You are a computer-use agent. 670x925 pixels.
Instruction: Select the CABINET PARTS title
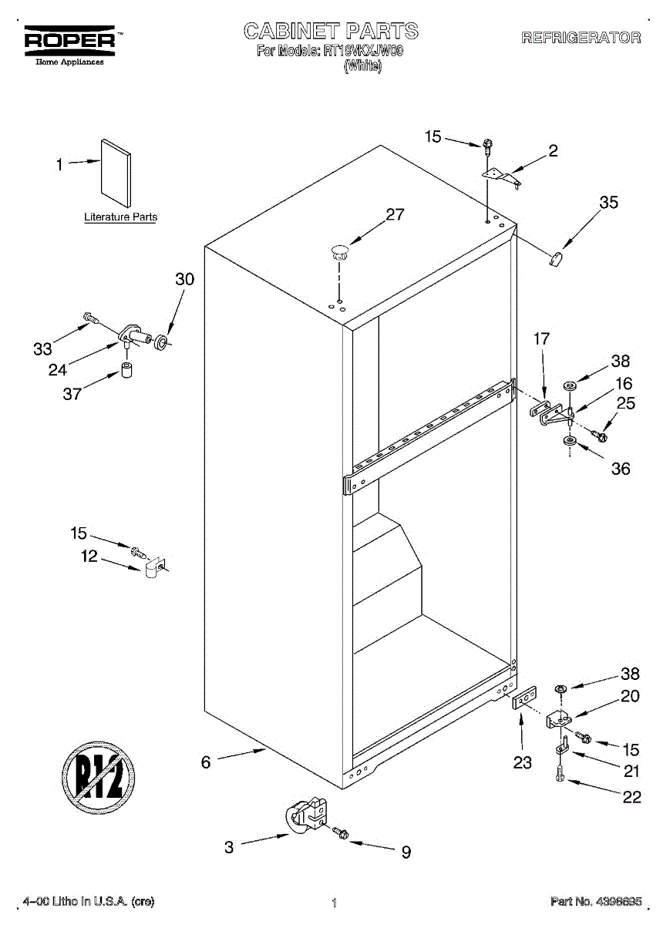pos(331,31)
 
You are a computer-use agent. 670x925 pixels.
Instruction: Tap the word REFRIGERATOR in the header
pos(581,38)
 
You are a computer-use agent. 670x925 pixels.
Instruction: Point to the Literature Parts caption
pos(120,217)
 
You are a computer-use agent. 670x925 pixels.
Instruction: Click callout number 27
pos(395,215)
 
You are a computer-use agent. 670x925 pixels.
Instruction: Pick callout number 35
pos(608,203)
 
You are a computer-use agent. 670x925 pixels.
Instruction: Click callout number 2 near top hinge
pos(553,151)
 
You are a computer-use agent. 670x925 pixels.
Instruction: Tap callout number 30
pos(184,280)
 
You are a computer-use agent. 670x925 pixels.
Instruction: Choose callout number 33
pos(42,349)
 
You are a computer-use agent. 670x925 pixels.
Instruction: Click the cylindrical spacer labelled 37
pos(126,369)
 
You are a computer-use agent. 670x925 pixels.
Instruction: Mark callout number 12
pos(90,557)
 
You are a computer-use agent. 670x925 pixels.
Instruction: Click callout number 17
pos(541,338)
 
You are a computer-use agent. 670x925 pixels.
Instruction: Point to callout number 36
pos(620,469)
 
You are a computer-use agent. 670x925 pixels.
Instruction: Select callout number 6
pos(206,762)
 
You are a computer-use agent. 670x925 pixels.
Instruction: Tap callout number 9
pos(406,852)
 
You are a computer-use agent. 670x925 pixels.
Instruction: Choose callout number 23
pos(522,762)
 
